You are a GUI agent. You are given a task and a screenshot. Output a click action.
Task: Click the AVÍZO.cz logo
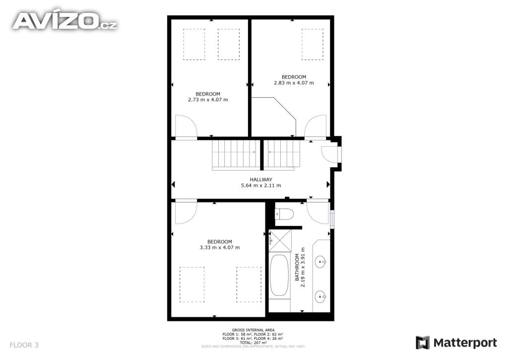64,21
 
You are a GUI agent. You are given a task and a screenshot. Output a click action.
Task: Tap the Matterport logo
456,343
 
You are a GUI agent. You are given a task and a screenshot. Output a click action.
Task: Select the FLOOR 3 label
24,345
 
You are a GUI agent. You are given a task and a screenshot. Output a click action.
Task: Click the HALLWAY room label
261,180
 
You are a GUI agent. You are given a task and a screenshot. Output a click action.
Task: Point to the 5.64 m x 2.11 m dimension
261,186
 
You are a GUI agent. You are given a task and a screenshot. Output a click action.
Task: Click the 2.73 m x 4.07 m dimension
208,100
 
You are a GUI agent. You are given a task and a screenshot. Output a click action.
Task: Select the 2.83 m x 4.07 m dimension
294,83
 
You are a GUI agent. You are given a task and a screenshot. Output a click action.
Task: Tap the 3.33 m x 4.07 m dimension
220,247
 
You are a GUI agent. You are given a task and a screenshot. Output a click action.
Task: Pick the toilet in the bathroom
284,214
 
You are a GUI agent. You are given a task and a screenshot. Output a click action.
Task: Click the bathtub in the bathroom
279,276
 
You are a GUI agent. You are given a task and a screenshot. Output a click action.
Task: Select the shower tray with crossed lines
279,242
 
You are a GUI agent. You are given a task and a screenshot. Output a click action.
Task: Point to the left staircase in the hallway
236,154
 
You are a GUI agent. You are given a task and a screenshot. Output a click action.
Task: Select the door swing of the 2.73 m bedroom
186,127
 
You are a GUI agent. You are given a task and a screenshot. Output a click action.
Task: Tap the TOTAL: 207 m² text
253,343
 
